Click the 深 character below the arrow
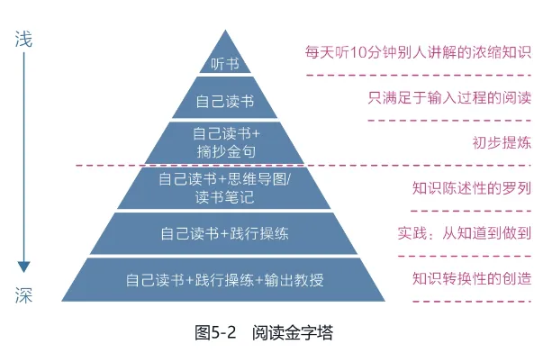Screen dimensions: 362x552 [x=25, y=294]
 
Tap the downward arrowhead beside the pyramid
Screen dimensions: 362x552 [x=25, y=267]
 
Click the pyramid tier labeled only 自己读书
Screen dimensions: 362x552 [x=225, y=100]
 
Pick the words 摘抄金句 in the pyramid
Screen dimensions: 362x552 [x=225, y=150]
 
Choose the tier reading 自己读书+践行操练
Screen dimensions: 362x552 [x=225, y=234]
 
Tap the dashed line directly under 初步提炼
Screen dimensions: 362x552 [x=450, y=165]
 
